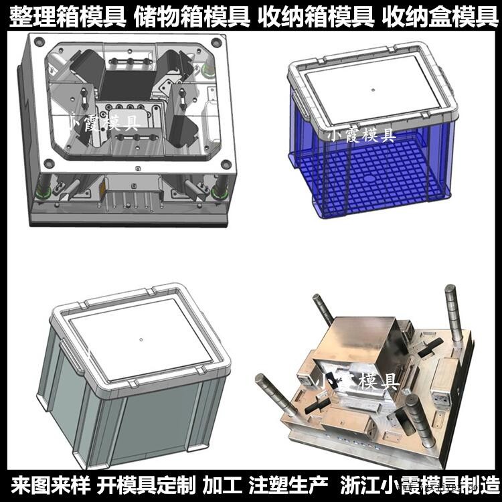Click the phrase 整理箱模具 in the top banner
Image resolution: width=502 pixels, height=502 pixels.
tap(66, 17)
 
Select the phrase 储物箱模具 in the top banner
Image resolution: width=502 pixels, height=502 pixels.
tap(191, 17)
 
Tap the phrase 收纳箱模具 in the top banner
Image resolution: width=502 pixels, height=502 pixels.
tap(316, 17)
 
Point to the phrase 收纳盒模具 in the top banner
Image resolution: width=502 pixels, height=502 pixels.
tap(440, 17)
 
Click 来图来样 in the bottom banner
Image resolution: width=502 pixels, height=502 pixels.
tap(50, 485)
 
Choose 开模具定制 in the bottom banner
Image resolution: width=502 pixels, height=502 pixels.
tap(146, 485)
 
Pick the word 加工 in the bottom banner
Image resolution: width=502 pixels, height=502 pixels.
tap(222, 485)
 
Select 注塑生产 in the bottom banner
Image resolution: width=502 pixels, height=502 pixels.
tap(288, 485)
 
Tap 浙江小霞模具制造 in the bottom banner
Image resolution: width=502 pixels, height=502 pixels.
tap(420, 485)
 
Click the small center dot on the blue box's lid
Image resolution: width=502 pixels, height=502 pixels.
tap(373, 90)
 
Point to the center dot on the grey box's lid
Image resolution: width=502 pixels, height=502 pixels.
tap(141, 339)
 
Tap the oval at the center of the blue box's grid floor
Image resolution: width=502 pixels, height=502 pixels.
tap(369, 179)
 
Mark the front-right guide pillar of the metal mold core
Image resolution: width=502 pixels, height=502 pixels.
tap(419, 421)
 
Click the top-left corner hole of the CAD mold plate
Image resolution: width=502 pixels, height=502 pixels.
tap(39, 41)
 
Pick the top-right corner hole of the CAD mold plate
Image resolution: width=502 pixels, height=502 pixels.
tap(216, 42)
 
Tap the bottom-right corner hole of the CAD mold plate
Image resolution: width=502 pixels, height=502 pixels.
tap(226, 164)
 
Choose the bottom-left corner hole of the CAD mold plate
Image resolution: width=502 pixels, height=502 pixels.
tap(49, 163)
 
